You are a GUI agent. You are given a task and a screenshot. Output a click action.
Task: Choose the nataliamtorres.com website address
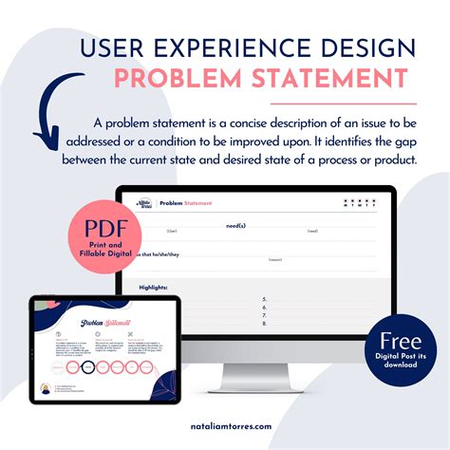[225, 428]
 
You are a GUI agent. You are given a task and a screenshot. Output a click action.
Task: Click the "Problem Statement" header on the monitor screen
[185, 203]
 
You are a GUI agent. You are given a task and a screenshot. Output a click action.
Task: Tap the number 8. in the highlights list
[264, 323]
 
